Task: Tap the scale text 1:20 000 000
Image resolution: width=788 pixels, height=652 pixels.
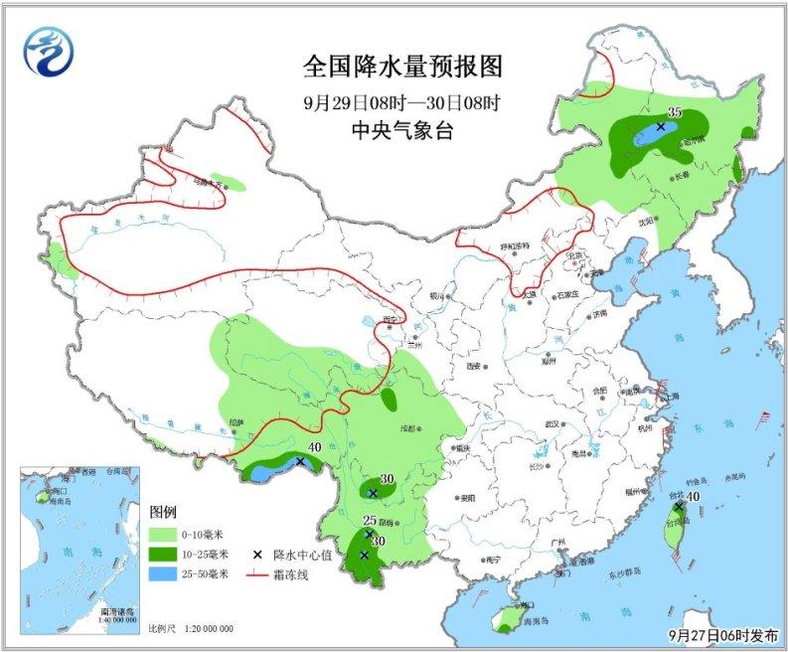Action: (x=207, y=628)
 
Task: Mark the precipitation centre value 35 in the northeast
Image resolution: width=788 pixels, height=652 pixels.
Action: (x=674, y=113)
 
